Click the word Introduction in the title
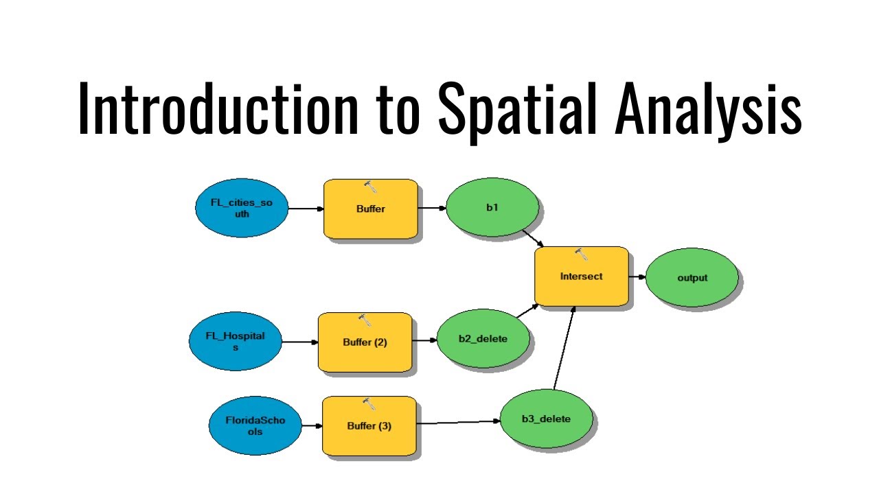tap(218, 108)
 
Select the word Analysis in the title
tap(708, 108)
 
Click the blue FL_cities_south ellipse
tap(242, 209)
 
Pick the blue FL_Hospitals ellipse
tap(236, 342)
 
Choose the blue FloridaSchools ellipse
tap(255, 425)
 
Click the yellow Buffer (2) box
tap(365, 342)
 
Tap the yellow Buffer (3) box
tap(369, 425)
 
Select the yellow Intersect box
tap(581, 276)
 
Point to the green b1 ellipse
tap(492, 207)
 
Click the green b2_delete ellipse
tap(483, 338)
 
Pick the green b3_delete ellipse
tap(546, 419)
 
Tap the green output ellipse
tap(692, 278)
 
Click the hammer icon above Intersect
tap(581, 255)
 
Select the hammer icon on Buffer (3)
tap(369, 404)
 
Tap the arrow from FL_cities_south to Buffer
tap(306, 209)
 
